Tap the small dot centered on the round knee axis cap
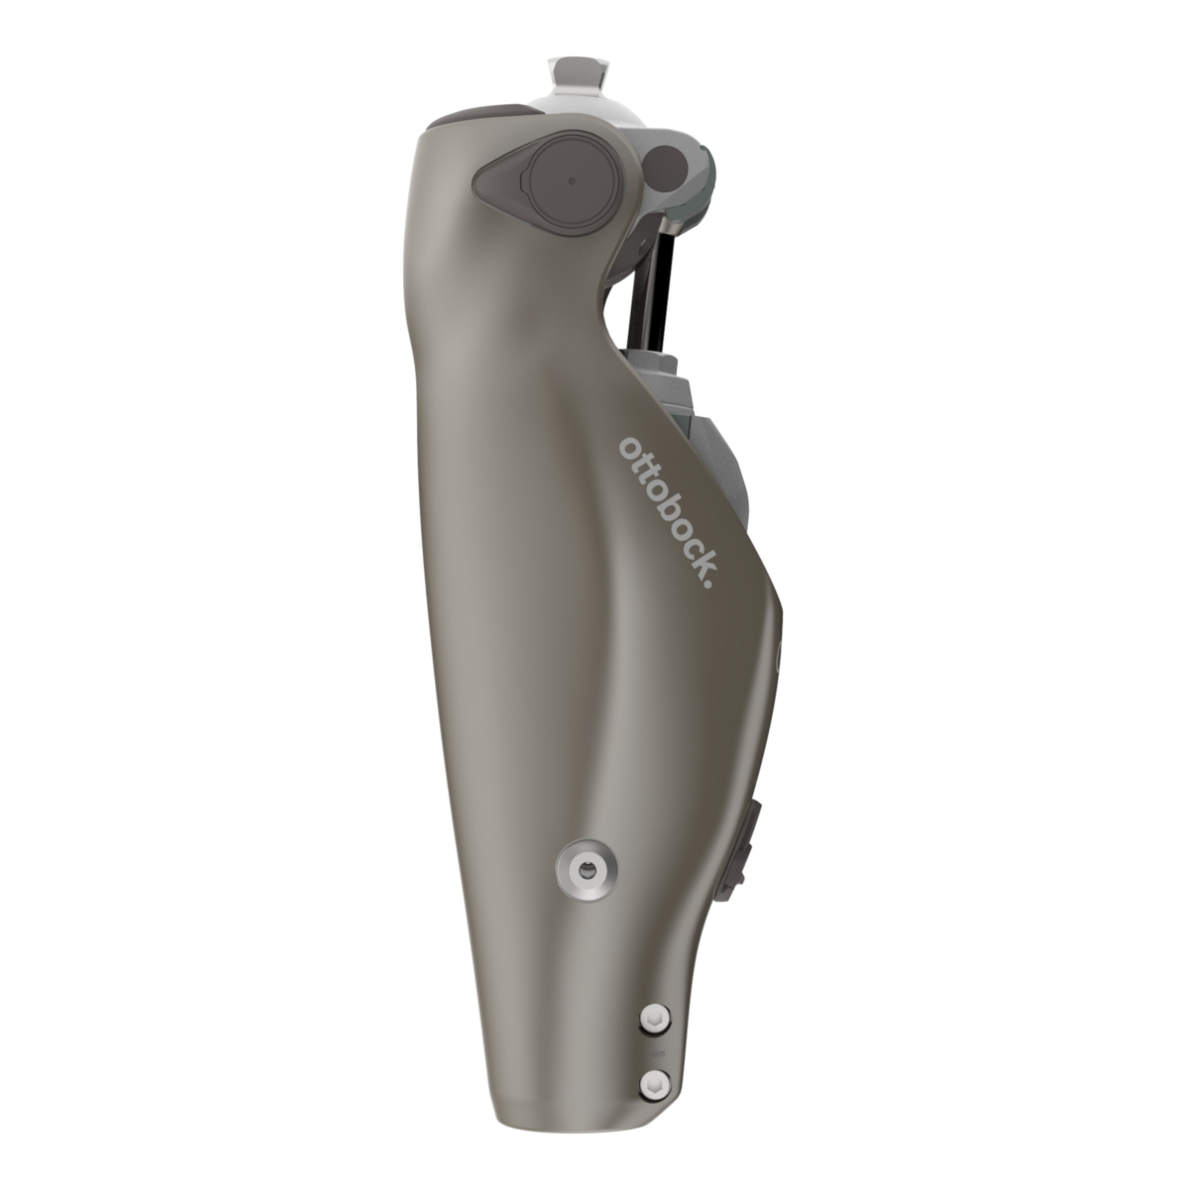[572, 181]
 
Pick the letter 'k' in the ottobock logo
[703, 559]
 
